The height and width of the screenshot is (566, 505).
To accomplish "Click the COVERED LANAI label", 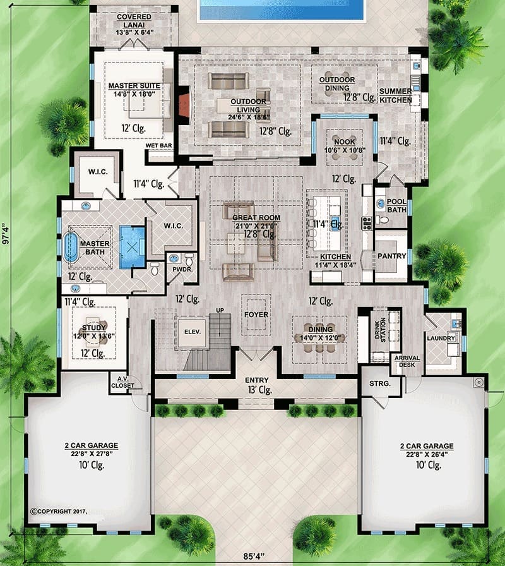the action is (134, 21).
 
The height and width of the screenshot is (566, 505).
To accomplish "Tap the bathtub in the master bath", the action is (70, 247).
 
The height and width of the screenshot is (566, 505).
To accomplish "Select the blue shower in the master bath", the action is (132, 247).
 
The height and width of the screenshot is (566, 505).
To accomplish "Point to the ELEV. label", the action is (193, 332).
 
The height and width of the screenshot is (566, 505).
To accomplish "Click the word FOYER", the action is (256, 315).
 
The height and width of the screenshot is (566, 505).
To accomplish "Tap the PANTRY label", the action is (392, 256).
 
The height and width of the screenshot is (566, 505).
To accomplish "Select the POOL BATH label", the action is (396, 205).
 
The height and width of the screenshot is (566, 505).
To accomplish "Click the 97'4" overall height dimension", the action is (5, 234).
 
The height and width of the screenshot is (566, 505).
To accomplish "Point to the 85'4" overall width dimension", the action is (254, 556).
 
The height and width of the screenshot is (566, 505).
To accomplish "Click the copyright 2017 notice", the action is (59, 511).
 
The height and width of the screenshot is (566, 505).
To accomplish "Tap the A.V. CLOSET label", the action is (122, 382).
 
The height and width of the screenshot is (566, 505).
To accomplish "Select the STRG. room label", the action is (380, 383).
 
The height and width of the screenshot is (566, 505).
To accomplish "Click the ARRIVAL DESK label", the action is (407, 361).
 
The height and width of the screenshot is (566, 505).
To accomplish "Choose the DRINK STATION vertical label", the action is (380, 330).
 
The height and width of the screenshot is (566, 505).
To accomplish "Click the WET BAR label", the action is (158, 145).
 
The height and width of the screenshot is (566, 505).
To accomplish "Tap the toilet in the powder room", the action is (189, 259).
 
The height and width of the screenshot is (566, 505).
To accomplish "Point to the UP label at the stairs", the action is (220, 310).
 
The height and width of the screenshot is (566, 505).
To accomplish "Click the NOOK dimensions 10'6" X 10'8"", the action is (345, 150).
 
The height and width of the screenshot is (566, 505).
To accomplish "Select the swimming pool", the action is (282, 9).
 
